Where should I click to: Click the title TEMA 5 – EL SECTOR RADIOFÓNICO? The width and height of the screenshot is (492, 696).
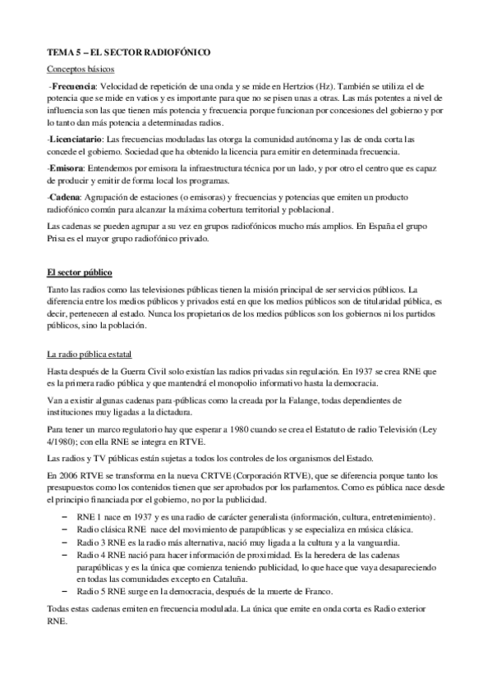click(x=128, y=52)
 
